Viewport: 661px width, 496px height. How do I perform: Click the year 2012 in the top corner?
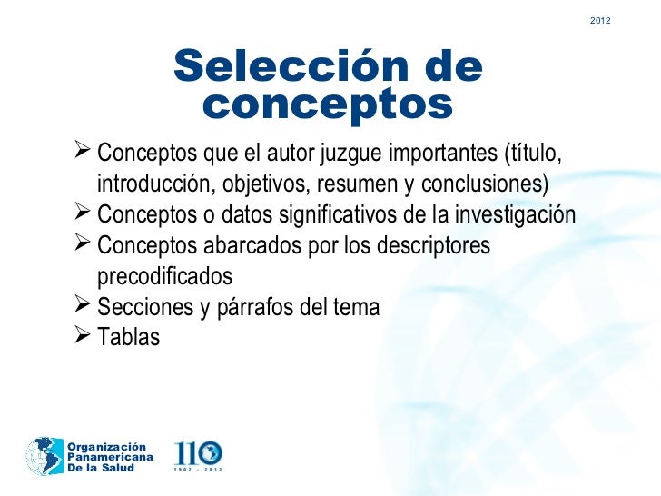click(600, 20)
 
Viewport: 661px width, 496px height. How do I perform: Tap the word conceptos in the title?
click(327, 105)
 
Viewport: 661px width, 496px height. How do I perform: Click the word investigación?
click(516, 215)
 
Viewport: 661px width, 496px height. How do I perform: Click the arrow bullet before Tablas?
click(79, 336)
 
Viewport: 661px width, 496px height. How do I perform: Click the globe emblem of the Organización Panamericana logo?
click(43, 454)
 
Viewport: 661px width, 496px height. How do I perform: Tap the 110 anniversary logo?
click(198, 454)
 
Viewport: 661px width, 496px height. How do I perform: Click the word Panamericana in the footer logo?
click(106, 456)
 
